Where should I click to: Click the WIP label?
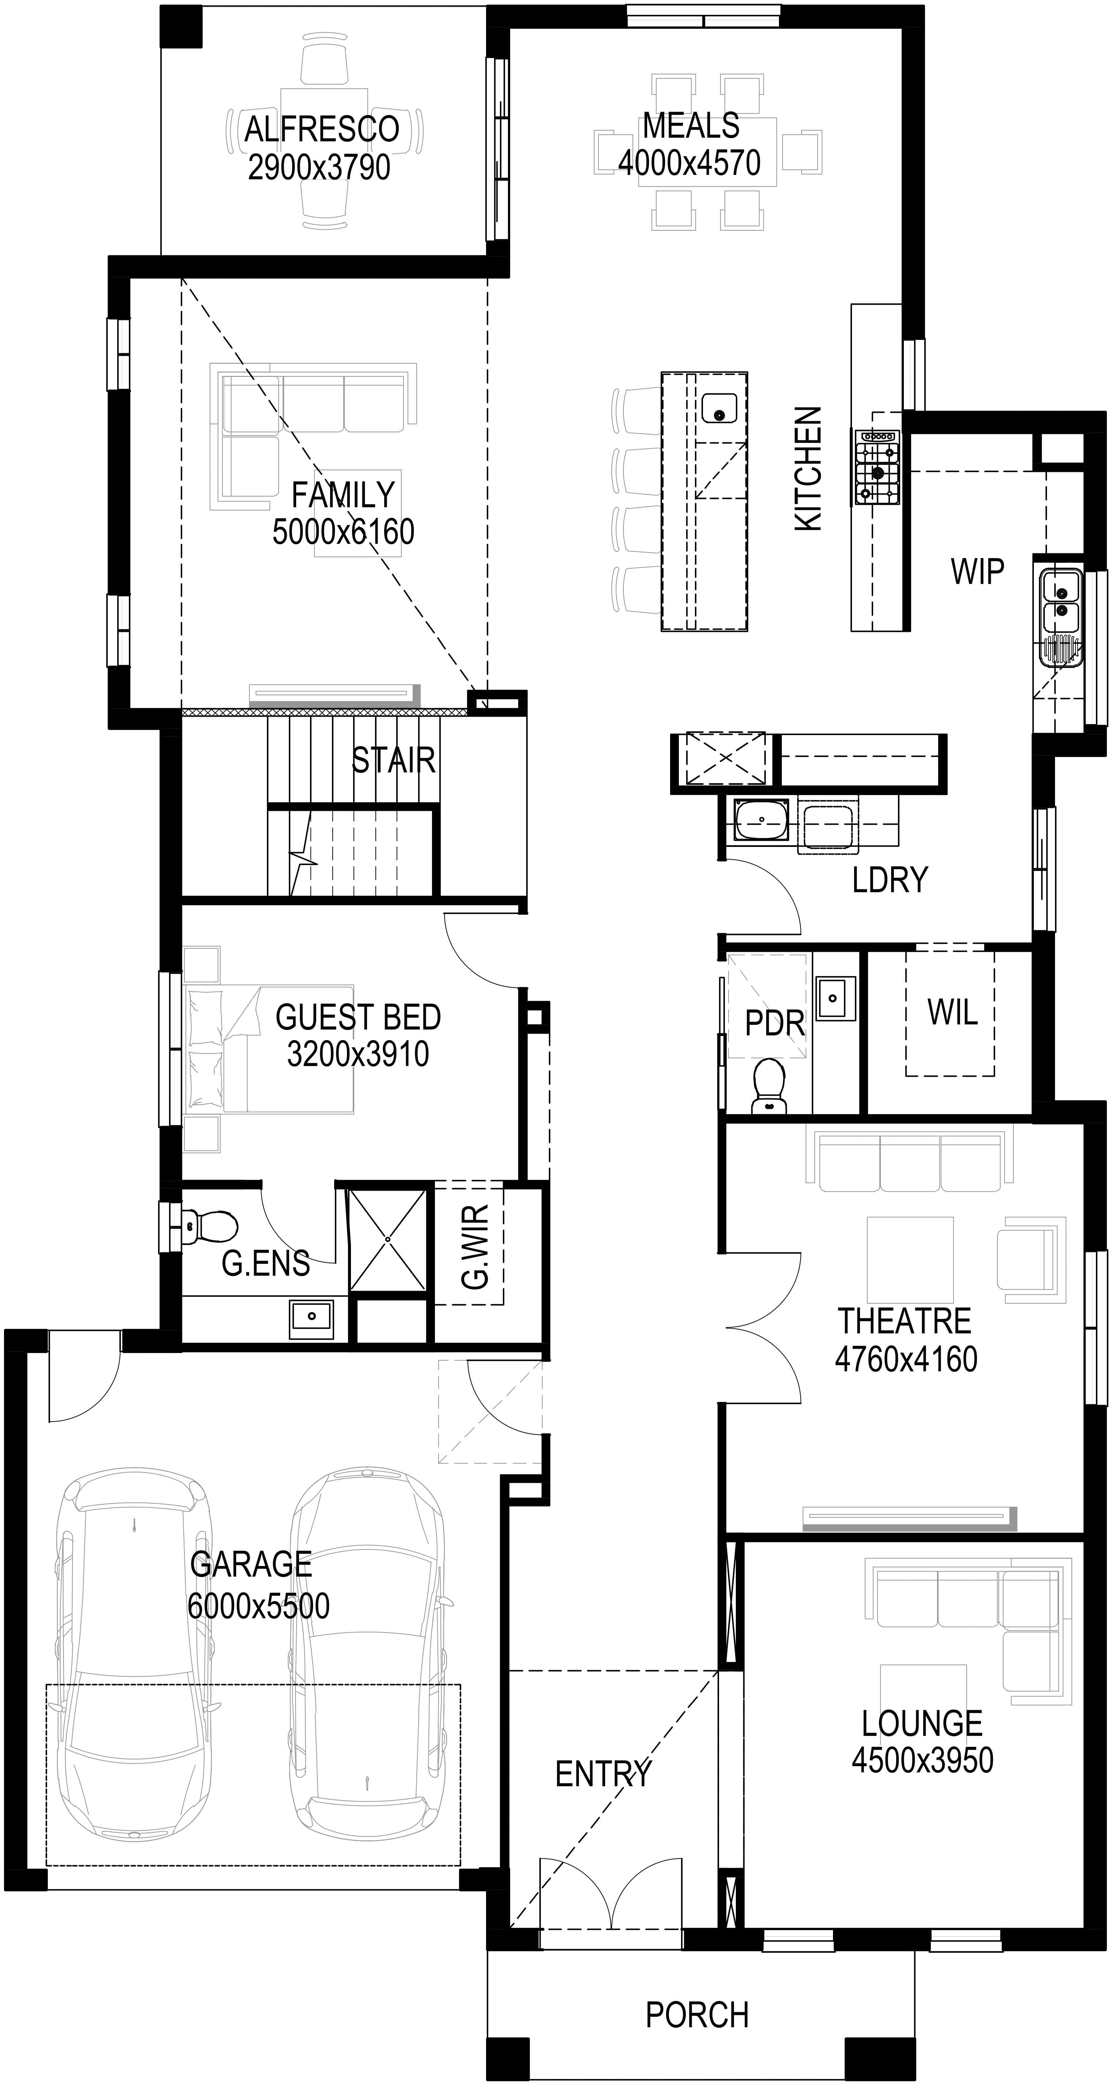[977, 572]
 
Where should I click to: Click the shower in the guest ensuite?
[388, 1239]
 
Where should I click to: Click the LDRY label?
[890, 880]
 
